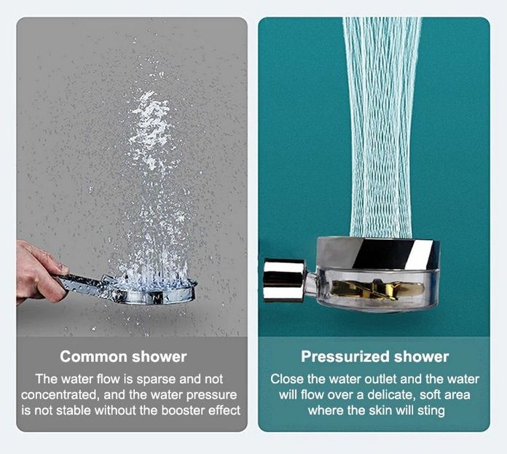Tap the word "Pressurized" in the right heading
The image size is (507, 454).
[x=345, y=357]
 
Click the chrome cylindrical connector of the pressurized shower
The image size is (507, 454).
[x=284, y=281]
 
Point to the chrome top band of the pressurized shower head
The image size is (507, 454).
[x=378, y=253]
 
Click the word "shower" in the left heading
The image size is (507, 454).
[x=159, y=356]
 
